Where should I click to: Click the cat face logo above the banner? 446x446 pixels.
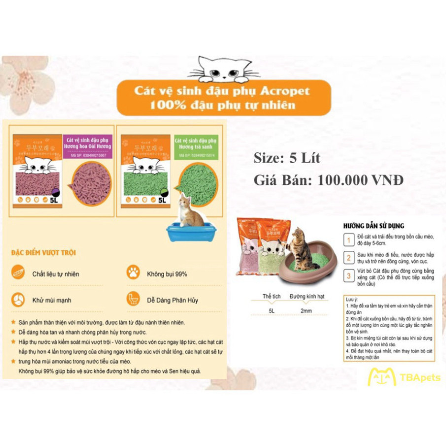[225, 69]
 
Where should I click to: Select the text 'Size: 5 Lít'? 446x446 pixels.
[287, 158]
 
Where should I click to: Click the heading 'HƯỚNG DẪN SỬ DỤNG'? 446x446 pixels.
[373, 226]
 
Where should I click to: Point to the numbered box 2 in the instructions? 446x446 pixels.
[348, 257]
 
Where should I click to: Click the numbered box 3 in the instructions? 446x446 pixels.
[348, 276]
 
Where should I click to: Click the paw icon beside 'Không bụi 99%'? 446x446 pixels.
[133, 272]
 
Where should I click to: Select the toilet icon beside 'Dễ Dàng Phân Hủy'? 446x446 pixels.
[133, 299]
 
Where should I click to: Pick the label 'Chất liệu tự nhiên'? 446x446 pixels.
[55, 274]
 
